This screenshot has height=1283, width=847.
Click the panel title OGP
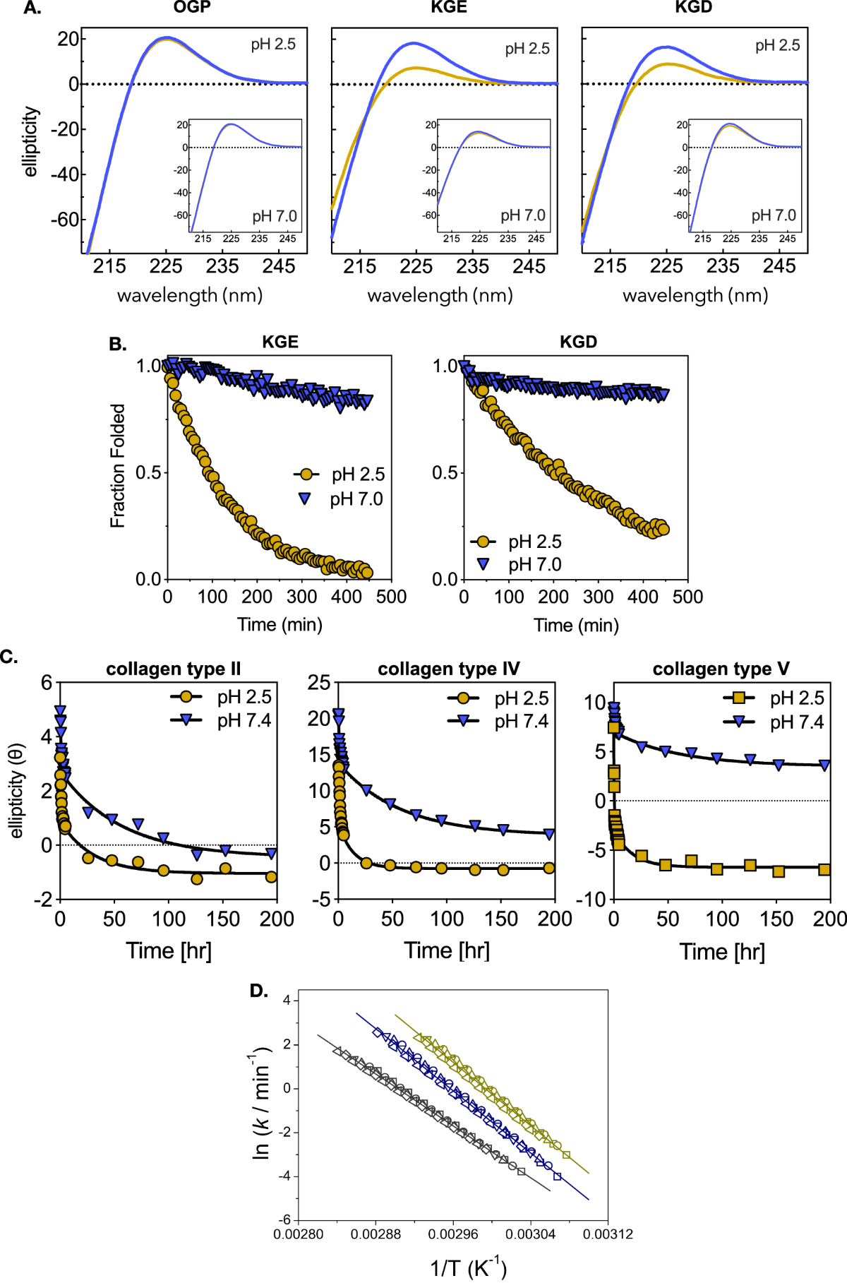(x=192, y=8)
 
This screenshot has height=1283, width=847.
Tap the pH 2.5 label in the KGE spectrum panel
(x=527, y=49)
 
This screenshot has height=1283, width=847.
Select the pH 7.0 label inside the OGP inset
(x=275, y=216)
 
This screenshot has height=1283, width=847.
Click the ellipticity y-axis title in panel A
(x=31, y=141)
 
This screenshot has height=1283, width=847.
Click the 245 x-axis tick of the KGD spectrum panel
(x=779, y=266)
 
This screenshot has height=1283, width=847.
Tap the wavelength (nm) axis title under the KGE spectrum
(x=440, y=295)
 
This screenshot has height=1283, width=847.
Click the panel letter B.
(x=118, y=344)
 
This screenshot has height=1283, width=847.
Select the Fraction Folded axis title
(x=117, y=465)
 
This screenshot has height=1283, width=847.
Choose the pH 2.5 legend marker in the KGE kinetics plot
(x=306, y=475)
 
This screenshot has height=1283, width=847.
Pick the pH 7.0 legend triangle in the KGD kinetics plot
(x=483, y=564)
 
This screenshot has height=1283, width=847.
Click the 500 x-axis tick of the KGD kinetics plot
(x=687, y=597)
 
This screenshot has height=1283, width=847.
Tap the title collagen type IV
(x=448, y=669)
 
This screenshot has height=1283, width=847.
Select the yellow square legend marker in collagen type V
(x=739, y=698)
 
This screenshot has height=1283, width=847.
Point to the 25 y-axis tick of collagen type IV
(x=319, y=682)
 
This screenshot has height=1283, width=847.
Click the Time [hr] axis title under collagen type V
(x=721, y=952)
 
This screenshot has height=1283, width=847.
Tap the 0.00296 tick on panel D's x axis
(x=452, y=1234)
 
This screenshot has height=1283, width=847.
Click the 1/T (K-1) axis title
(x=468, y=1267)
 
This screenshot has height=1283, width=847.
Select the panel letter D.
(x=258, y=991)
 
